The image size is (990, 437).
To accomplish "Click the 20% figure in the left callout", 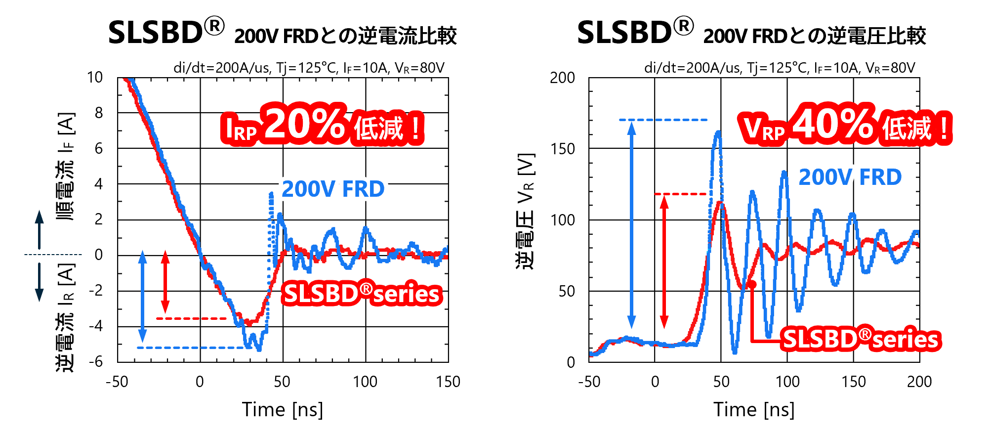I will tap(305, 124).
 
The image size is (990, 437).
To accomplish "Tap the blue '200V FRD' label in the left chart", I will tap(333, 189).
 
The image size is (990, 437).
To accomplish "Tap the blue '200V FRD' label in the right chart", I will tap(850, 177).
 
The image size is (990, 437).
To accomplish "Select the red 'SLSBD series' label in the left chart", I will tap(362, 294).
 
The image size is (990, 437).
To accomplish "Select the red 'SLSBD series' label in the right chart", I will tap(861, 340).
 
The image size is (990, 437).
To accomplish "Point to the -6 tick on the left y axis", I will tap(96, 362).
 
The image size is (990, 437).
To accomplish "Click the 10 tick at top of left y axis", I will tap(95, 78).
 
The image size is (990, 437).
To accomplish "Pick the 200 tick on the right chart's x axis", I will tap(919, 382).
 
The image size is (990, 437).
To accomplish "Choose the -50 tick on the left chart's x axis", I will tap(117, 382).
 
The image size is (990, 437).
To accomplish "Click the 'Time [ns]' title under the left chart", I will tap(283, 410).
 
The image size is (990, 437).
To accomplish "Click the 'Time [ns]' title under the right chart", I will tap(754, 410).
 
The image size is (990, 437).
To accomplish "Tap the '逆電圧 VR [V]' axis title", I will tap(526, 212).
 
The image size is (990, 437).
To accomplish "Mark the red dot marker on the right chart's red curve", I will tap(752, 284).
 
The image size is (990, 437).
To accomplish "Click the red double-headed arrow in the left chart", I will tap(165, 282).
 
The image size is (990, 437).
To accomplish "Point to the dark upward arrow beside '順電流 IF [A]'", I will tap(39, 229).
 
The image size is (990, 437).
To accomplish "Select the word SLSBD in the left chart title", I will tap(155, 33).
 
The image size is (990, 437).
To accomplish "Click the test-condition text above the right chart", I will tap(779, 68).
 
